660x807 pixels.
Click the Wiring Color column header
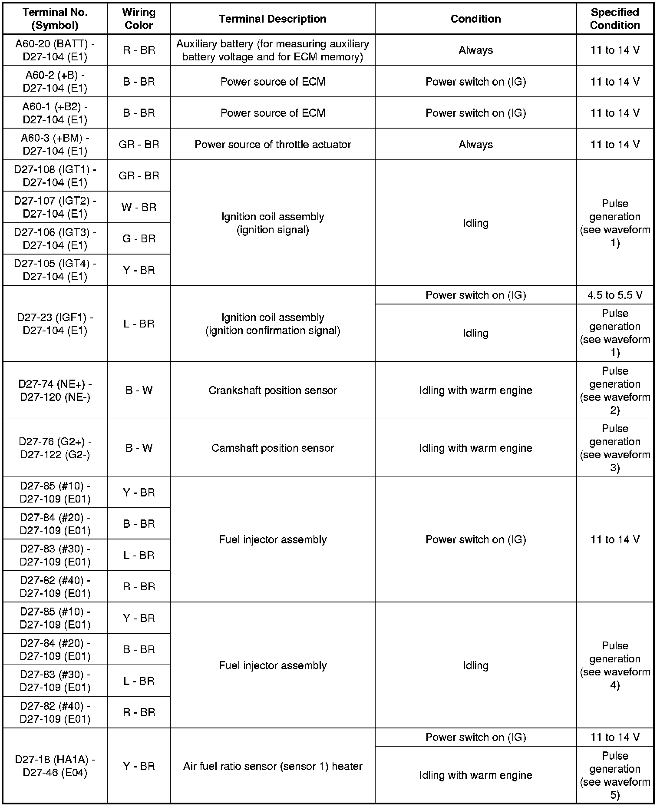(139, 19)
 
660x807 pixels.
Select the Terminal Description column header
(272, 19)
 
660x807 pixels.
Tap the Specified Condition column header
(614, 19)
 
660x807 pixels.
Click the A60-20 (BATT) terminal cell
(55, 50)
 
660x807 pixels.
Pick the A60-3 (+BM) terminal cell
(55, 144)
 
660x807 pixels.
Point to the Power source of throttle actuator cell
(272, 144)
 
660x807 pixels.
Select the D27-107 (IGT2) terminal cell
(55, 207)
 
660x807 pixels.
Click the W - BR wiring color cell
(139, 207)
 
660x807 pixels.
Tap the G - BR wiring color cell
(139, 238)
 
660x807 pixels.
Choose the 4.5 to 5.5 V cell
(614, 295)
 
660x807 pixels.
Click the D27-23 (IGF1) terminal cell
(55, 324)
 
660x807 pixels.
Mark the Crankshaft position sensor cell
(272, 390)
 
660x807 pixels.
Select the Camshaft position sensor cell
(272, 448)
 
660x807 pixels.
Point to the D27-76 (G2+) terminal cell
(55, 448)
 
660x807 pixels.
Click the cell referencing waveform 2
(614, 390)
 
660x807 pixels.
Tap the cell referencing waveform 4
(614, 665)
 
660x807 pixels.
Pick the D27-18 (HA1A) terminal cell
(55, 766)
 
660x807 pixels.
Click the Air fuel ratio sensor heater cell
(272, 766)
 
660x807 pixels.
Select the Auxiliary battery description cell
(272, 50)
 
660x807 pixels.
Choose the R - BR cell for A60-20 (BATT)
(139, 50)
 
